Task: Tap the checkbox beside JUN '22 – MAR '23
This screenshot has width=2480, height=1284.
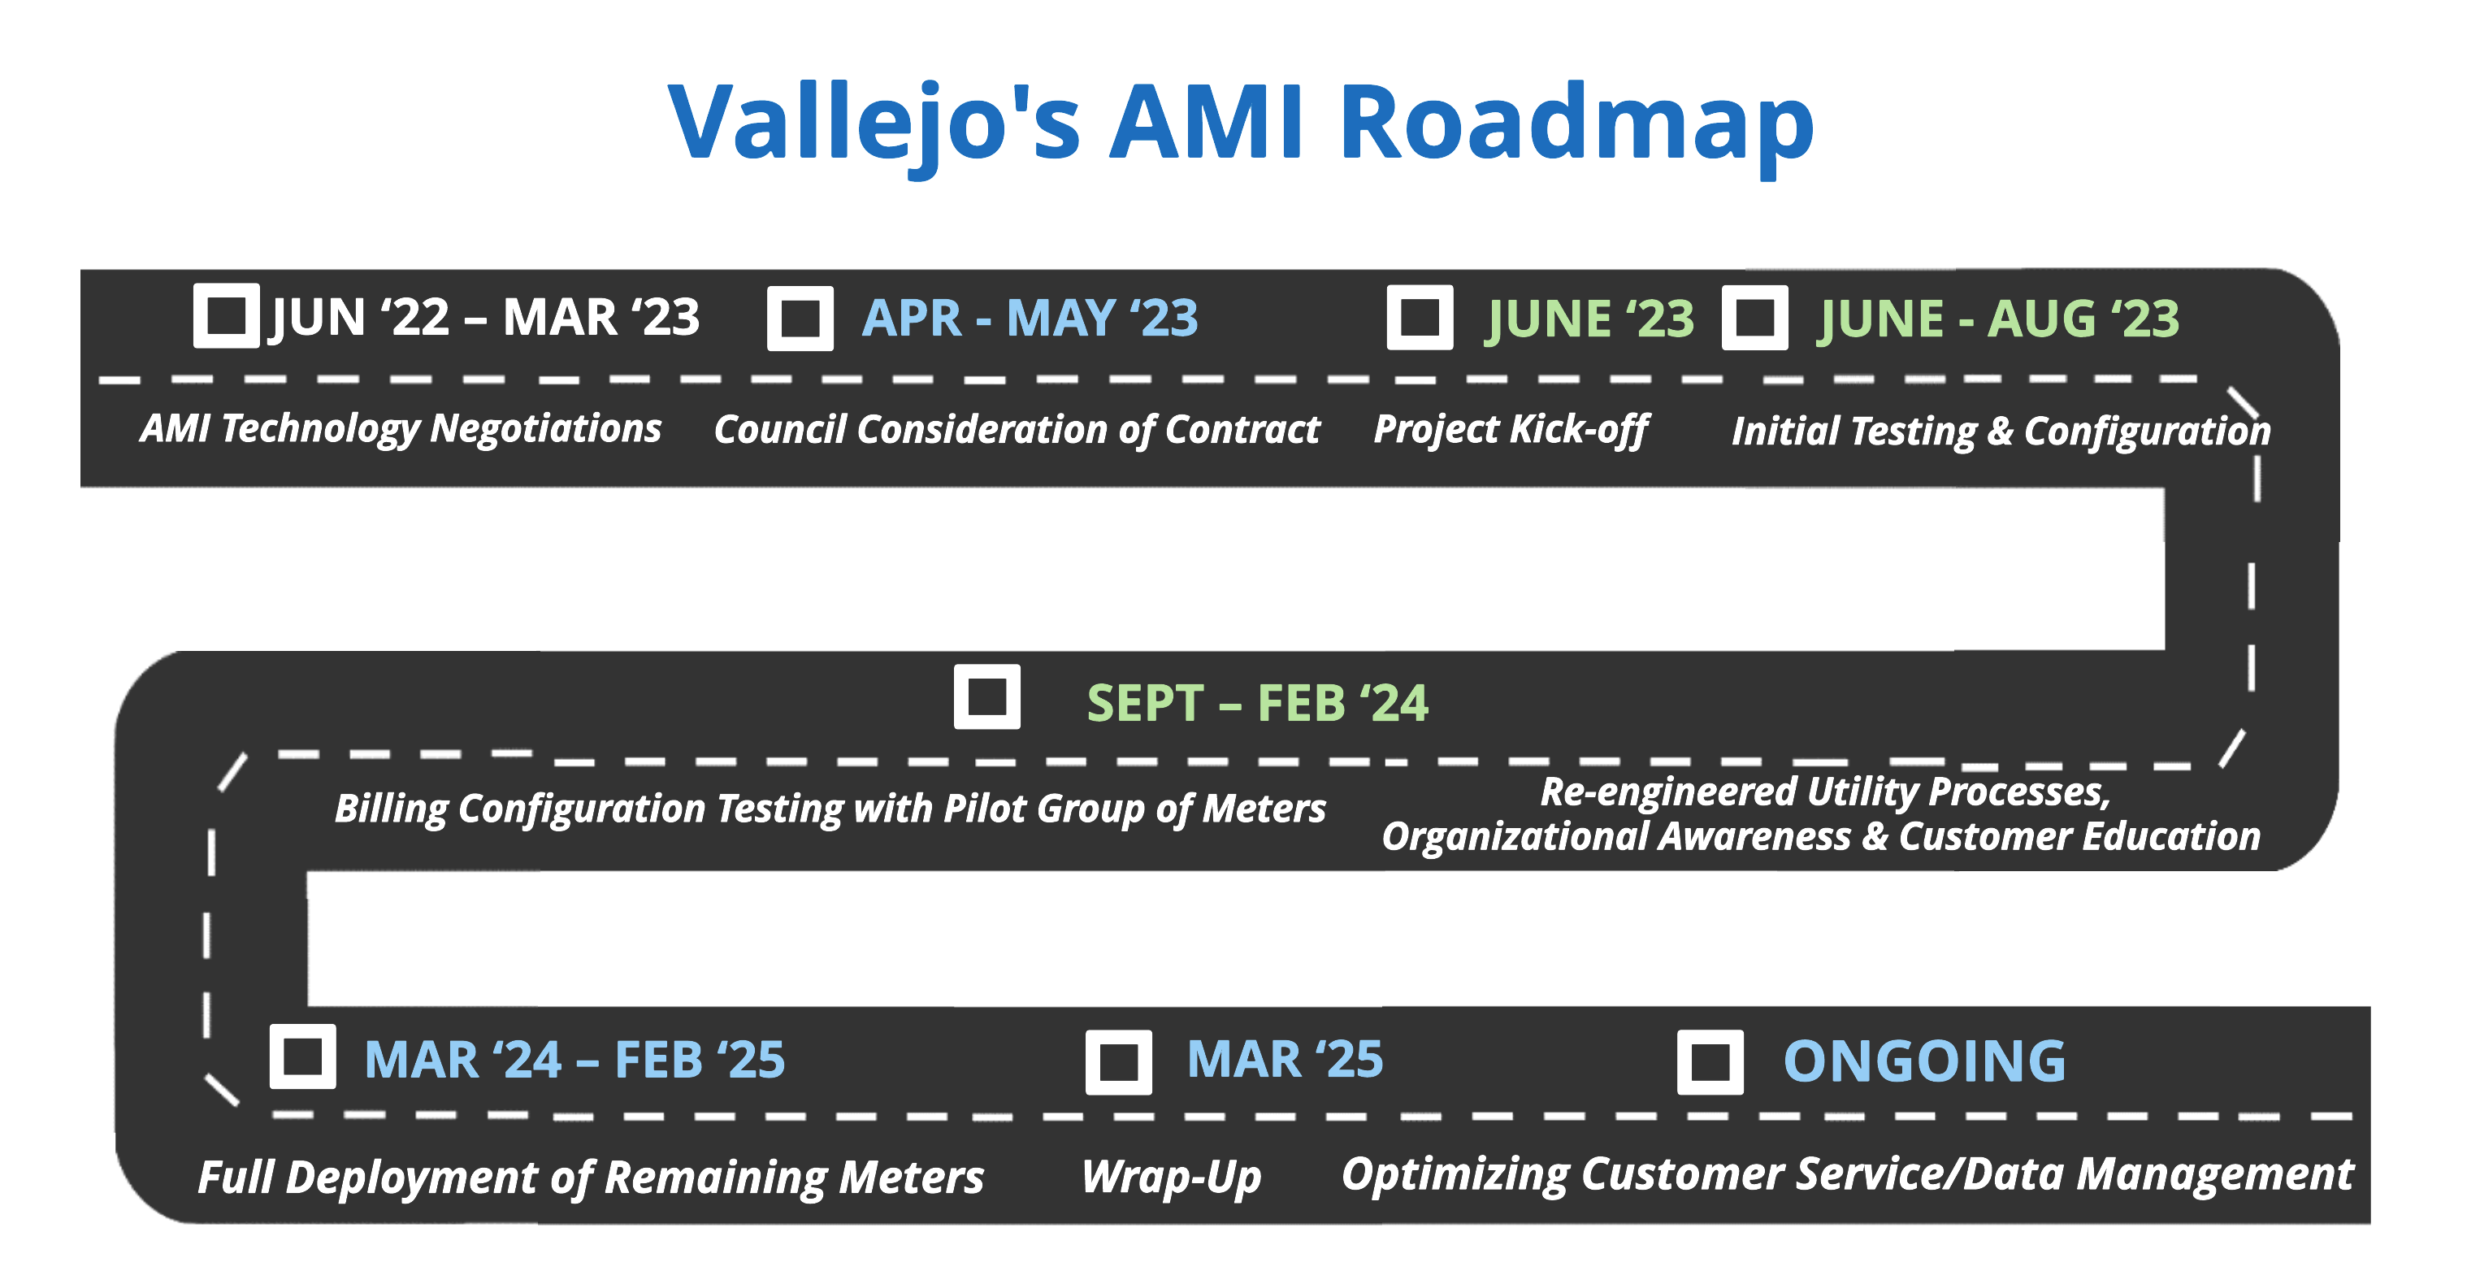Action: tap(226, 314)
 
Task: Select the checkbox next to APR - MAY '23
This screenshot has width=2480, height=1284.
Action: tap(800, 318)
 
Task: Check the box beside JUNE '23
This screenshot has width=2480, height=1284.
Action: tap(1420, 317)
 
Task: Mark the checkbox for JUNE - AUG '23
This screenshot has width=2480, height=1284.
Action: tap(1754, 317)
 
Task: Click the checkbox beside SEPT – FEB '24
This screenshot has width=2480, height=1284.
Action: tap(986, 697)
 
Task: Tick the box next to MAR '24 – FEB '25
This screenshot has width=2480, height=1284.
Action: tap(302, 1056)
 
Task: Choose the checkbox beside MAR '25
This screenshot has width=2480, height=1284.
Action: tap(1119, 1061)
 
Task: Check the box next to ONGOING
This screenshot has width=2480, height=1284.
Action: tap(1710, 1061)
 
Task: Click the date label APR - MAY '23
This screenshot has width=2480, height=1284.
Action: tap(1030, 318)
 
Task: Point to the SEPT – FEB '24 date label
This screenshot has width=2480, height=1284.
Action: tap(1257, 703)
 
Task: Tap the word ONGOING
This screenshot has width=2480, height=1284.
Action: tap(1924, 1061)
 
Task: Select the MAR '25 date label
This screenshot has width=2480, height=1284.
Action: tap(1286, 1059)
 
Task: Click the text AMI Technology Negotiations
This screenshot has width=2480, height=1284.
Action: tap(401, 429)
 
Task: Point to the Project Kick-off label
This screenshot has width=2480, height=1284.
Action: tap(1511, 430)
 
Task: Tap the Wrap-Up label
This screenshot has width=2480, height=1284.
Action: tap(1171, 1178)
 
